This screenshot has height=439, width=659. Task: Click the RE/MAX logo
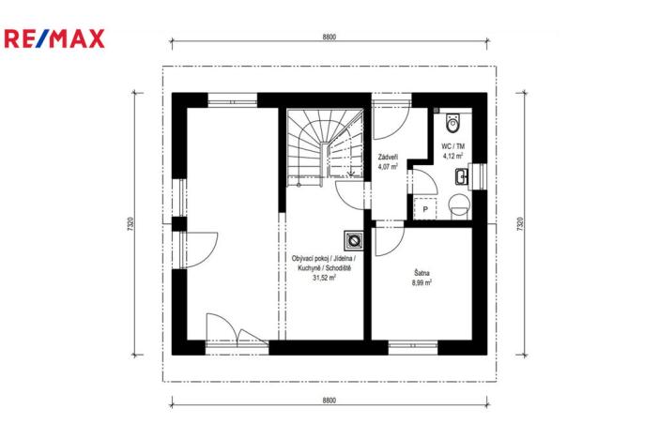54,38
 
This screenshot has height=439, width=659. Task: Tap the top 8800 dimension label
328,37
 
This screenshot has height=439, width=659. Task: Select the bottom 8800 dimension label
328,401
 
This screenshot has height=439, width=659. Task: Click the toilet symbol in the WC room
453,123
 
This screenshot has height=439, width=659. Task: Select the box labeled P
425,209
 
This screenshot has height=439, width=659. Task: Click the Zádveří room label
387,157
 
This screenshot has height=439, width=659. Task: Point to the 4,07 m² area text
387,167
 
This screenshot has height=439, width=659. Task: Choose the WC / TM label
453,146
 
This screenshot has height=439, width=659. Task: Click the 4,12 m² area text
453,157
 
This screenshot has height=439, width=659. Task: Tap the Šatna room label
421,273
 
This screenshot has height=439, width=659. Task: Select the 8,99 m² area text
421,283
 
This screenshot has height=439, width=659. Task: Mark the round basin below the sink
458,203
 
